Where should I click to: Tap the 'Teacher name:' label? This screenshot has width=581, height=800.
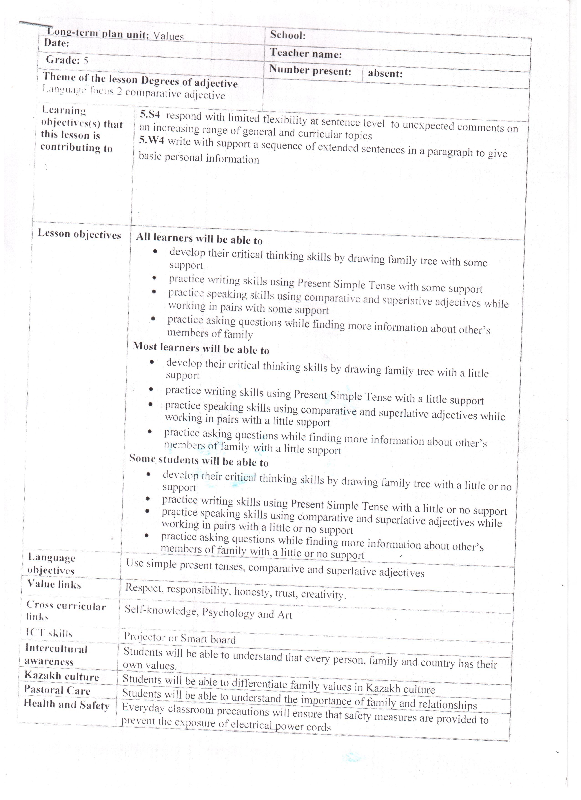tap(306, 54)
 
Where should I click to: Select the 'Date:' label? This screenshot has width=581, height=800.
tap(56, 43)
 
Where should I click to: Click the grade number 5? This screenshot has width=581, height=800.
tap(86, 61)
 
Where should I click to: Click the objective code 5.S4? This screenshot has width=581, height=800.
tap(150, 115)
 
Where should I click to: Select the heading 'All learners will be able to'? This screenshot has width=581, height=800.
tap(199, 238)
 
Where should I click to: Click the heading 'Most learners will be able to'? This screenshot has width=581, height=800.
tap(201, 348)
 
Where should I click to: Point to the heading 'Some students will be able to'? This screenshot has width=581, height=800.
tap(199, 460)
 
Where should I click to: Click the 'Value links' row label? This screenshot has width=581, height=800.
tap(54, 584)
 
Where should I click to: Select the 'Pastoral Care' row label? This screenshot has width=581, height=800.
tap(57, 690)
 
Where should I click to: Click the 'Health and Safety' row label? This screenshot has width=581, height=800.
tap(66, 705)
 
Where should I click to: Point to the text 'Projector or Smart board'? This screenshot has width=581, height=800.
tap(180, 638)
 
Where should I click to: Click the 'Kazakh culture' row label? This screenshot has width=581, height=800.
tap(62, 676)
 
